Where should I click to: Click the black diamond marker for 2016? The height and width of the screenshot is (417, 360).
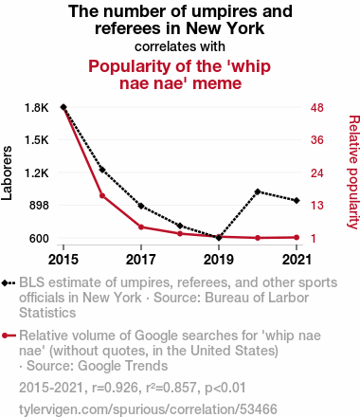pos(102,170)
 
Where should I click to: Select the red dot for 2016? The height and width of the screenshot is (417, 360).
pos(102,196)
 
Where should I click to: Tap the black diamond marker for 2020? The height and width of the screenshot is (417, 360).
pos(258,191)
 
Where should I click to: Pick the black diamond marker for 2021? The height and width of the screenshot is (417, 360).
pos(297,201)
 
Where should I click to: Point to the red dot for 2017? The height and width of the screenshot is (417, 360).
pos(141,227)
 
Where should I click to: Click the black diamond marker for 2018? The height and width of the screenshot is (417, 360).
pos(180,226)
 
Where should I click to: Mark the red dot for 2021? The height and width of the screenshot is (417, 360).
pos(297,238)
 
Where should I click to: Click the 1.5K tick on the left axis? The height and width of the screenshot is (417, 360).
pos(37,140)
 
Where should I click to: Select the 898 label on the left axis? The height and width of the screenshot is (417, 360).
pos(39,206)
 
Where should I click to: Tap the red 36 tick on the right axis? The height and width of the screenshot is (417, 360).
pos(317,140)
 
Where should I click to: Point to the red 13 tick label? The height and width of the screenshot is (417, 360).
pos(317,206)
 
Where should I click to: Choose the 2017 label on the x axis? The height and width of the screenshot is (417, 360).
pos(141,260)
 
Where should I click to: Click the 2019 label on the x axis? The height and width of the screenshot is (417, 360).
pos(219,260)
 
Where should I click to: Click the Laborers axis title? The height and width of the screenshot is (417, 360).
pos(7,173)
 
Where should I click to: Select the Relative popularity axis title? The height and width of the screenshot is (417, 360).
pos(353,172)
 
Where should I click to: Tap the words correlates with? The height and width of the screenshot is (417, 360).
pos(180,46)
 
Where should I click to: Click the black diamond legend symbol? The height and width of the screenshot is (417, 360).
pos(9,283)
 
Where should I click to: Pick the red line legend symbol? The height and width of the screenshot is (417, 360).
pos(9,335)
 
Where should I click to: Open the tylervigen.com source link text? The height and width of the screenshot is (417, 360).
pos(148,409)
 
